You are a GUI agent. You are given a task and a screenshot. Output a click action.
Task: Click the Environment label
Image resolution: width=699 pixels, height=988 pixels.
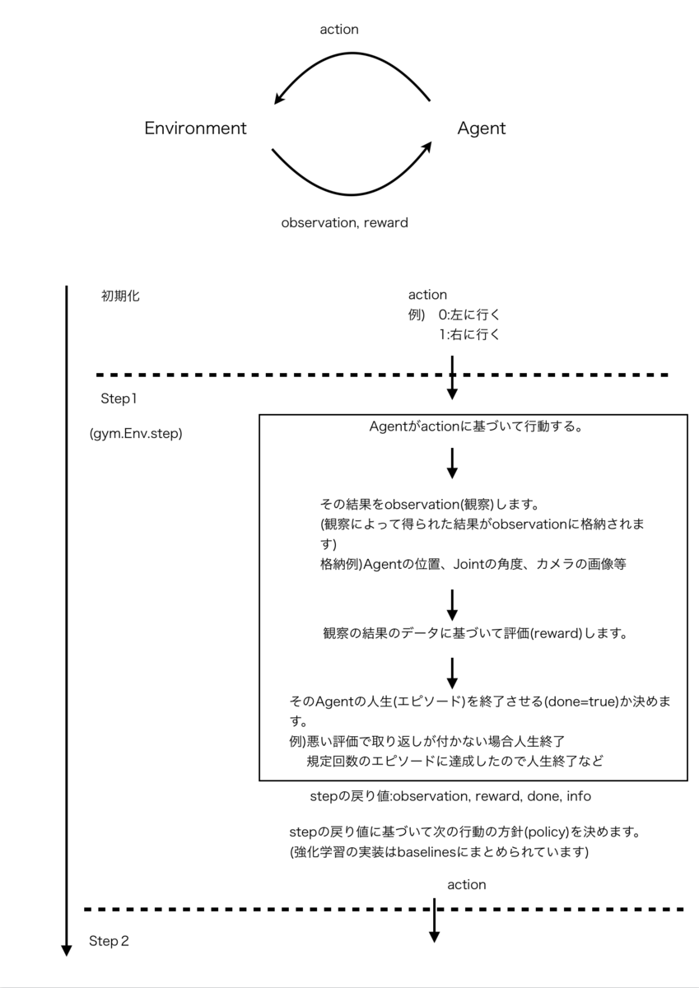pyautogui.click(x=195, y=128)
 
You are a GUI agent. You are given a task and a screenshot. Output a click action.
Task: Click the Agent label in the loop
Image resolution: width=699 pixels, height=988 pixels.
pyautogui.click(x=481, y=128)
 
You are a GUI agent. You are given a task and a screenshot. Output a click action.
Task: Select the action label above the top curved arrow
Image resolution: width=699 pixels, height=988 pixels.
pyautogui.click(x=339, y=30)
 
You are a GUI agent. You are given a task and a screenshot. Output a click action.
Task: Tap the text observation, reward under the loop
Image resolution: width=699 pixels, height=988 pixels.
pyautogui.click(x=344, y=222)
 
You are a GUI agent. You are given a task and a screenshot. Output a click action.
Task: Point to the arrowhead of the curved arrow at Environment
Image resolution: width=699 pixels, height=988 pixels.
pyautogui.click(x=280, y=99)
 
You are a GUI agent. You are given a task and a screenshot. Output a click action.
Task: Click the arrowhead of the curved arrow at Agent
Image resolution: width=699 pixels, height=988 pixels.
pyautogui.click(x=426, y=147)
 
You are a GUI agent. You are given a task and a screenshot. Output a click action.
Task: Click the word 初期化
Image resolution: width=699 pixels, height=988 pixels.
pyautogui.click(x=120, y=296)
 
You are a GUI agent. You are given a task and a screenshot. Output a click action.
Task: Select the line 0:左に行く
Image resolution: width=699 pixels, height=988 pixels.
pyautogui.click(x=469, y=315)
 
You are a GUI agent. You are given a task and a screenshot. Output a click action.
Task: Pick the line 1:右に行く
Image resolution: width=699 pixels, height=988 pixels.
pyautogui.click(x=469, y=334)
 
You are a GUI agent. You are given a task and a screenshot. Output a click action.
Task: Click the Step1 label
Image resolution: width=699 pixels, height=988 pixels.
pyautogui.click(x=118, y=399)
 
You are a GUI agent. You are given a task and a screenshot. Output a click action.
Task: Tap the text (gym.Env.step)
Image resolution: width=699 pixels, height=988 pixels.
pyautogui.click(x=136, y=434)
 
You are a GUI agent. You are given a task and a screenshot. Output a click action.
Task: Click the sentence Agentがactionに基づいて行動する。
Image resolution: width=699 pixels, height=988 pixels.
pyautogui.click(x=478, y=427)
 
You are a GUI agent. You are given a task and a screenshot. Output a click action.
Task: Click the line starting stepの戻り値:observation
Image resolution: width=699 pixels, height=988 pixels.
pyautogui.click(x=450, y=796)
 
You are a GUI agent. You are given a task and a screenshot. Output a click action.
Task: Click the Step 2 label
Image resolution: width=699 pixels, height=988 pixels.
pyautogui.click(x=109, y=941)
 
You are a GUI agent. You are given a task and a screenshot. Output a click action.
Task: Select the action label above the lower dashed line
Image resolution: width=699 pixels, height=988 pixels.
pyautogui.click(x=466, y=884)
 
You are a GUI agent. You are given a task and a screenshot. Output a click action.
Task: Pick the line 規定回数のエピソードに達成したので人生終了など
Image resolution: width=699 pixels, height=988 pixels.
pyautogui.click(x=454, y=761)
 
